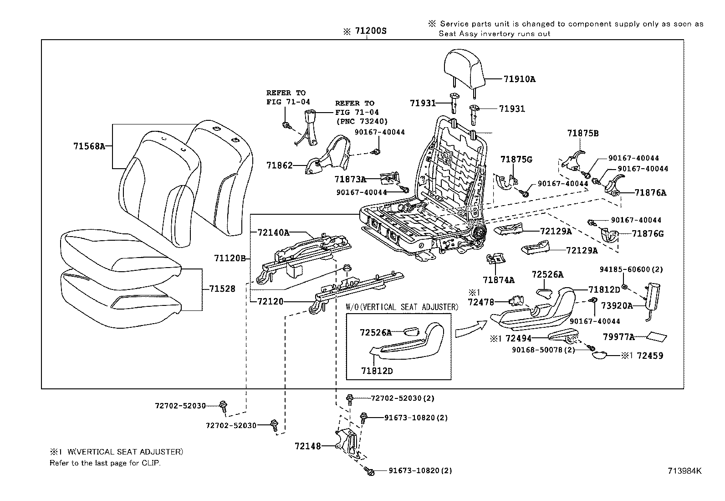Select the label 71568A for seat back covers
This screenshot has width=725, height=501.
click(x=89, y=146)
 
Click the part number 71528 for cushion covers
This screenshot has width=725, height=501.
click(x=222, y=289)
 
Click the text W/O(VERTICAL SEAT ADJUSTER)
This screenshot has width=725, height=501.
click(x=402, y=307)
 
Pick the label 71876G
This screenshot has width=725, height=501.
click(x=648, y=234)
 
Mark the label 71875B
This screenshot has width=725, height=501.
click(x=582, y=133)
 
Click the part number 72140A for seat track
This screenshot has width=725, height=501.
click(x=273, y=232)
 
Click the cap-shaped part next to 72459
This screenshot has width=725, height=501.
click(x=602, y=355)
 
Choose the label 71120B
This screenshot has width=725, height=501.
click(x=230, y=258)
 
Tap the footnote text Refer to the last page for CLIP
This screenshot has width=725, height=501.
click(x=105, y=463)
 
